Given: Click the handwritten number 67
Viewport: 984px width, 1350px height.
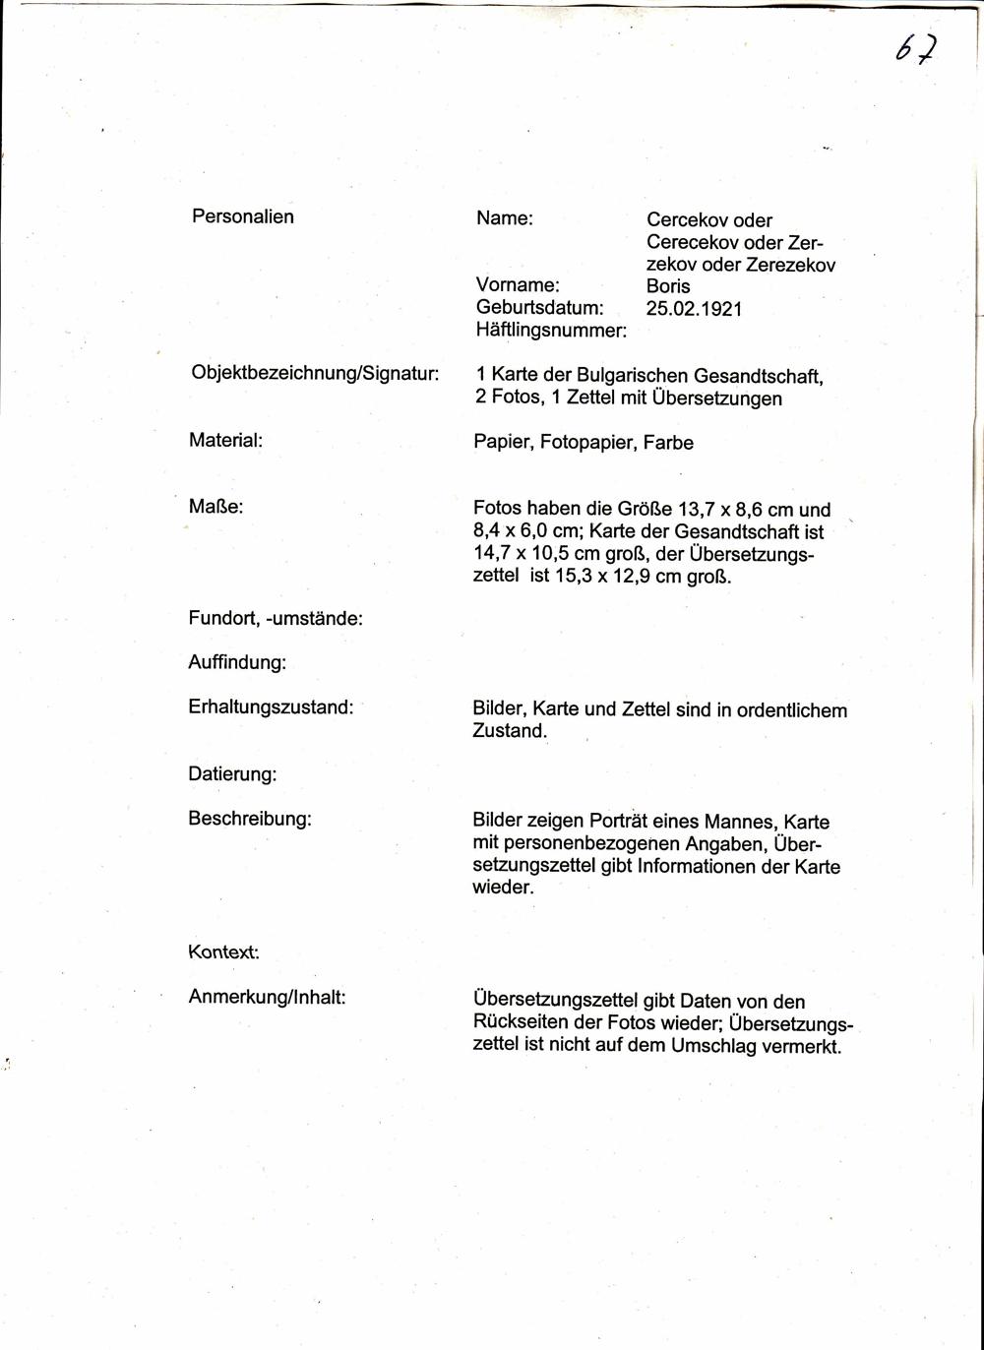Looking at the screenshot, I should click(915, 49).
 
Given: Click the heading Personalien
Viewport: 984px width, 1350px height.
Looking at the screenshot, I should click(243, 216).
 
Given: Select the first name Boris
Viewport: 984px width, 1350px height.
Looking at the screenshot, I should click(668, 286).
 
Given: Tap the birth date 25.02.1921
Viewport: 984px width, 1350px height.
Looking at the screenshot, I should click(694, 309).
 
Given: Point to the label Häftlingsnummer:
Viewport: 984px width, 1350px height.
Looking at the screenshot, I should click(551, 331).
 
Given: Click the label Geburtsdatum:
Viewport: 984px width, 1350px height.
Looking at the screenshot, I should click(539, 308).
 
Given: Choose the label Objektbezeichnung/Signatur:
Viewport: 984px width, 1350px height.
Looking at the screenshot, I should click(315, 374).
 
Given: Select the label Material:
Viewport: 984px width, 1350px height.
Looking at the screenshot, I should click(225, 440).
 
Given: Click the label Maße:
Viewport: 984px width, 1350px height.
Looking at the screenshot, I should click(215, 507).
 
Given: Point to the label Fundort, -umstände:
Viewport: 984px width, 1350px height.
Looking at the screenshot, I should click(276, 618).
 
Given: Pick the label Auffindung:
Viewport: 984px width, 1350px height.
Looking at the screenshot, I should click(237, 662).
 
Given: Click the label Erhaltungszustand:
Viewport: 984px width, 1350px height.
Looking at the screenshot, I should click(271, 706).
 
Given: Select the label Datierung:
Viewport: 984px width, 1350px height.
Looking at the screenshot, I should click(232, 774).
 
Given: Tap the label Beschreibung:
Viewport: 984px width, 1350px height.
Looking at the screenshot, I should click(250, 818).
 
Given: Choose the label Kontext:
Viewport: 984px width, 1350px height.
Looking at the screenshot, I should click(223, 952).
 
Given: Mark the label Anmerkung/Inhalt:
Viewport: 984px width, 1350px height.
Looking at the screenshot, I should click(267, 997).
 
